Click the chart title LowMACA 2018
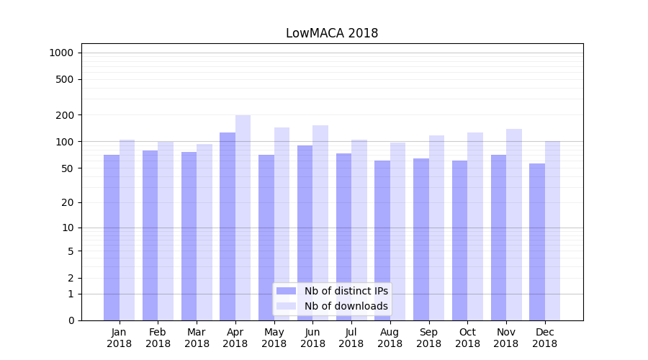pyautogui.click(x=332, y=33)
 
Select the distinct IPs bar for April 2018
pyautogui.click(x=228, y=226)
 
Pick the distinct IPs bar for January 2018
pyautogui.click(x=112, y=238)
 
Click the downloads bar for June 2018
pyautogui.click(x=320, y=222)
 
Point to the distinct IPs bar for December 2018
pyautogui.click(x=537, y=242)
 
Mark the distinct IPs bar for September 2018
pyautogui.click(x=421, y=239)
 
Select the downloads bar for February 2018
pyautogui.click(x=166, y=230)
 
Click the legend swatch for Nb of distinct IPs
pyautogui.click(x=286, y=291)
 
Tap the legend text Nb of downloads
pyautogui.click(x=346, y=306)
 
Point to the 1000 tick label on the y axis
pyautogui.click(x=61, y=53)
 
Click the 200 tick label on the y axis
pyautogui.click(x=65, y=115)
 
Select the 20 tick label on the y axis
pyautogui.click(x=68, y=202)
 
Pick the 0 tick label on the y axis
pyautogui.click(x=71, y=320)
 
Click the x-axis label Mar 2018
pyautogui.click(x=197, y=338)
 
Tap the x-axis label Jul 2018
pyautogui.click(x=351, y=338)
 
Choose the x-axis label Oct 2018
pyautogui.click(x=467, y=338)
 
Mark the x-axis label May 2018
pyautogui.click(x=274, y=338)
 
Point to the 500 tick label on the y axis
pyautogui.click(x=65, y=79)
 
